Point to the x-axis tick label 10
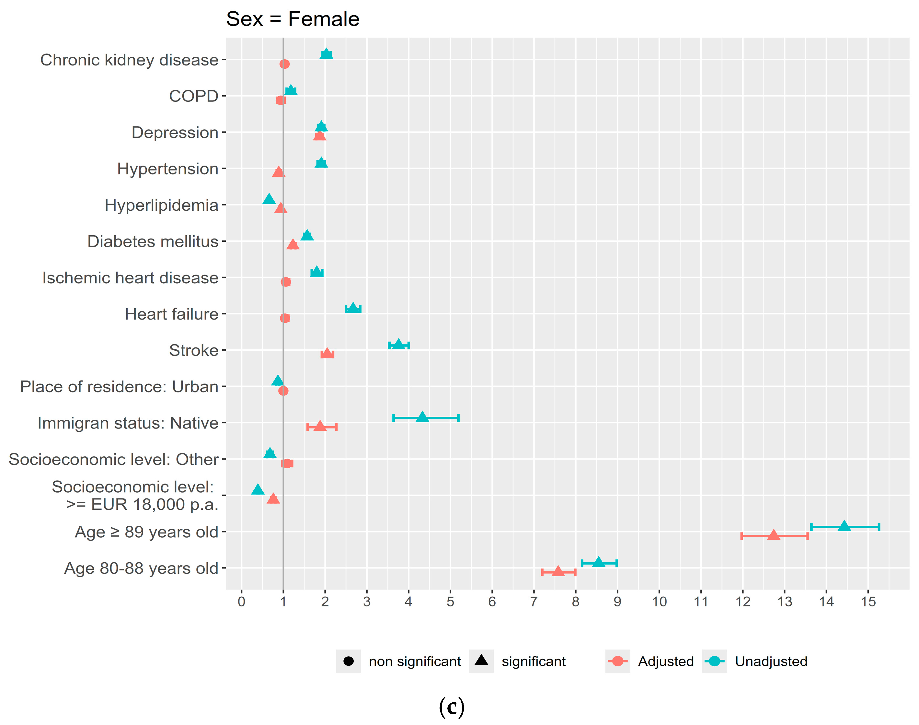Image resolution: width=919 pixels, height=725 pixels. coord(659,602)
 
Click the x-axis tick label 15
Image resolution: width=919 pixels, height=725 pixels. coord(868,602)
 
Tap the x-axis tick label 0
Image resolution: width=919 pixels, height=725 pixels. coord(241,602)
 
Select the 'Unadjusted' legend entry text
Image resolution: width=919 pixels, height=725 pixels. coord(771,661)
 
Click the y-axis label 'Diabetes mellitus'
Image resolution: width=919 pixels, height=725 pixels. coord(153,241)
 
